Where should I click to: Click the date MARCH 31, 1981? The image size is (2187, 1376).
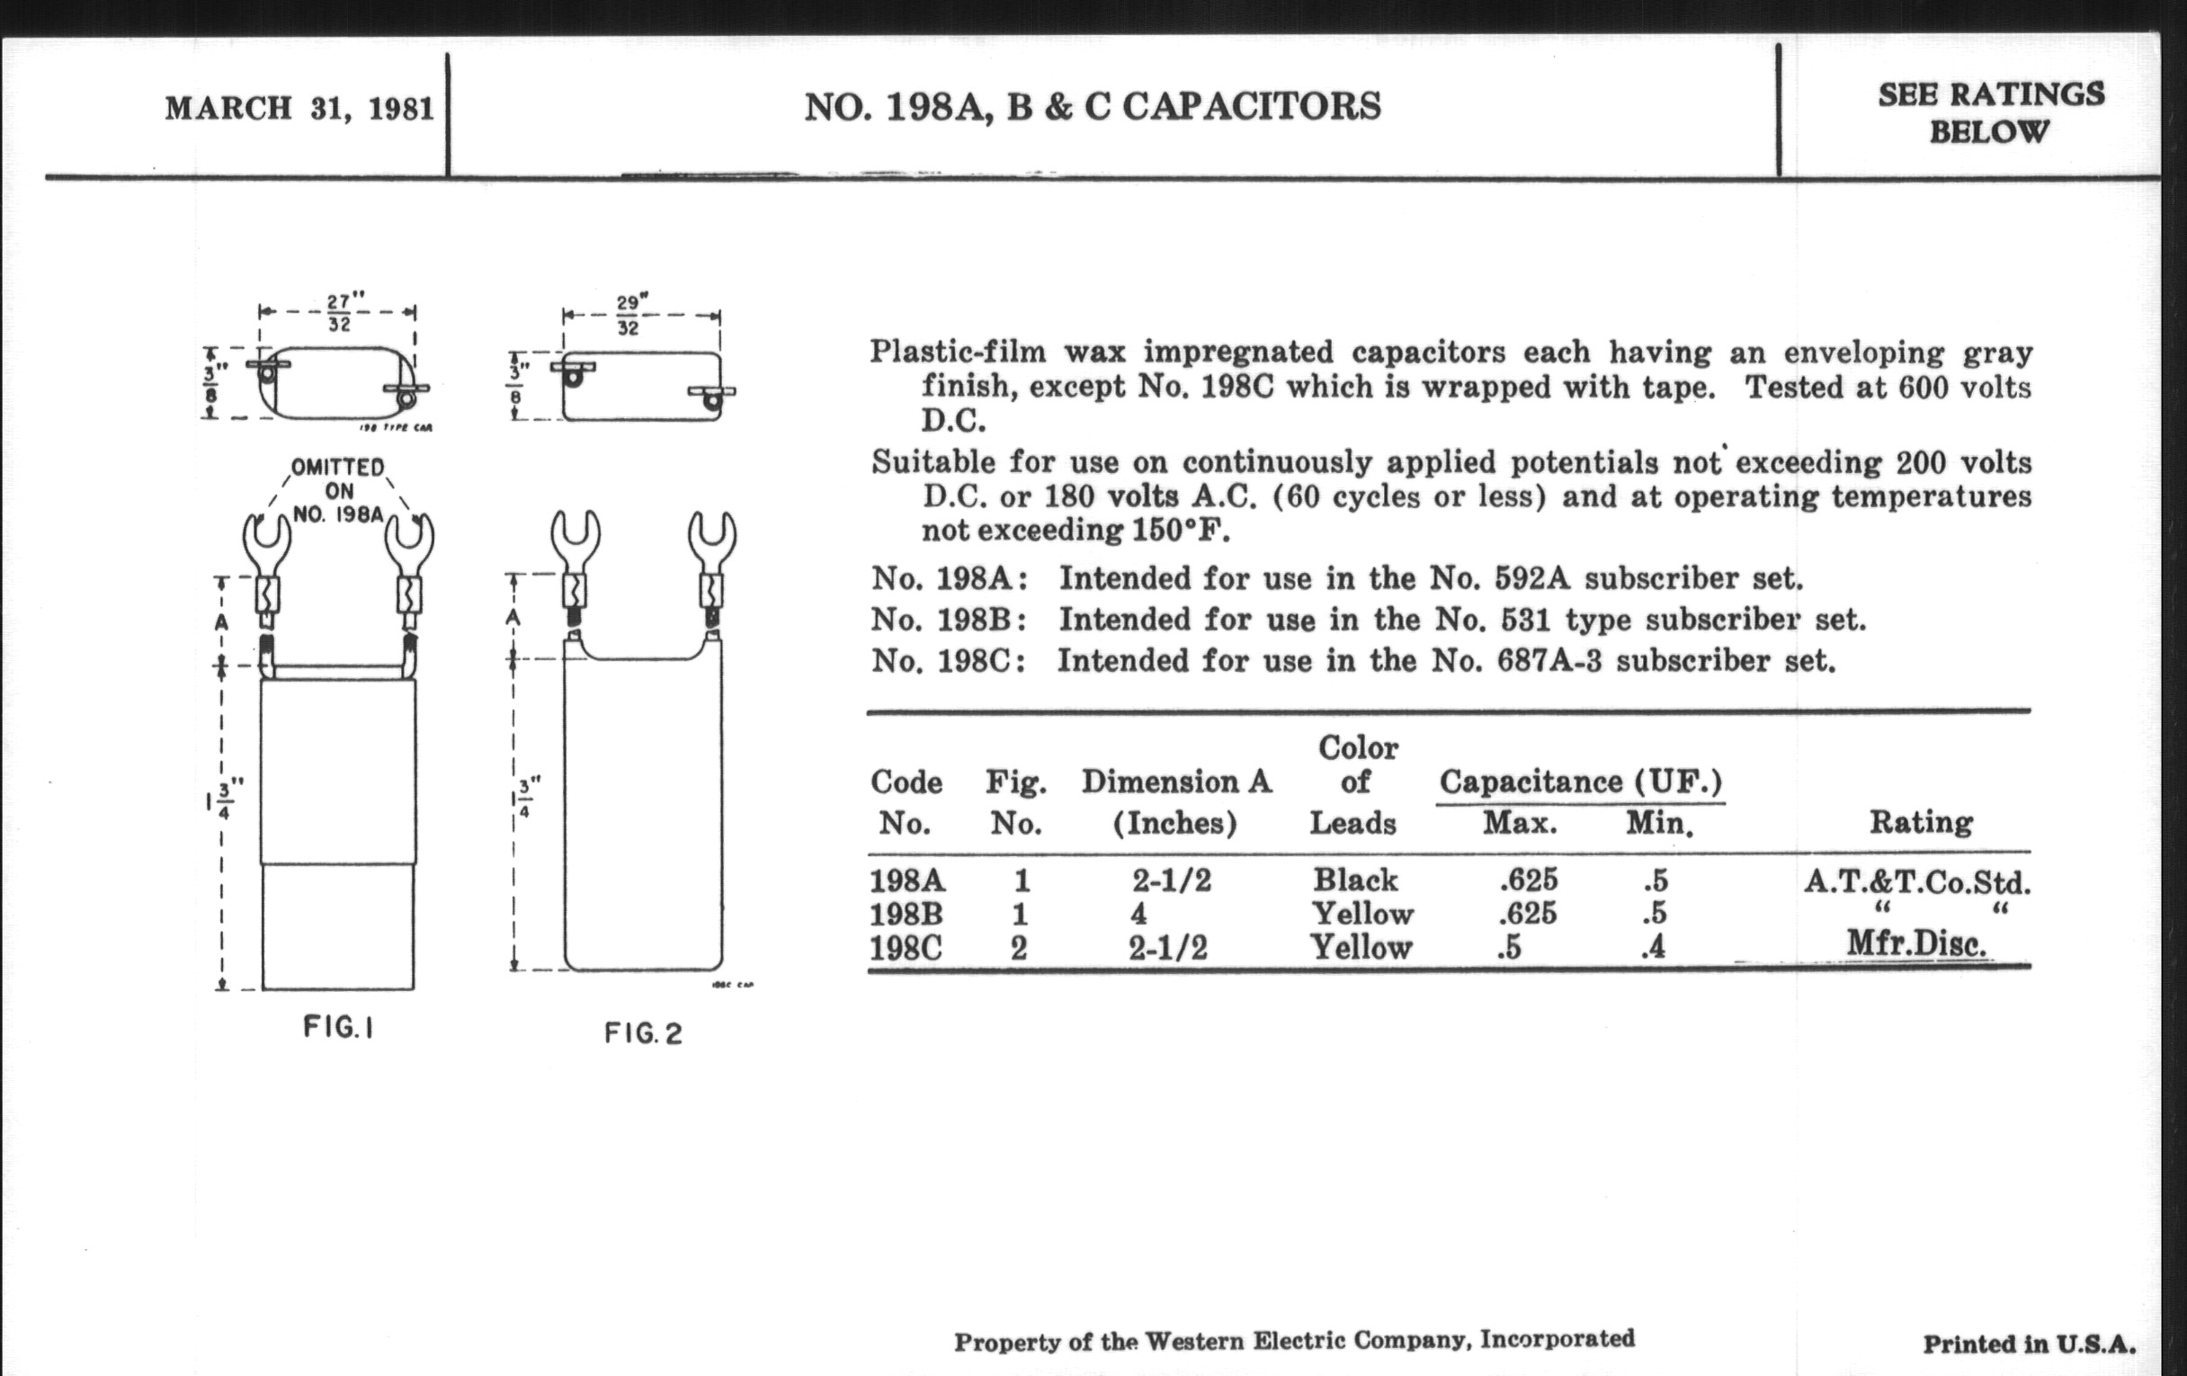point(299,108)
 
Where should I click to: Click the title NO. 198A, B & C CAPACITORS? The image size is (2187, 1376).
point(1093,107)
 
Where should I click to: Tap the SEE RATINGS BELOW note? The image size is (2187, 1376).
point(1991,112)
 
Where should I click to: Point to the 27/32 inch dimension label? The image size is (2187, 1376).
point(339,311)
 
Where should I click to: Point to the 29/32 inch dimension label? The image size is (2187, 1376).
point(628,315)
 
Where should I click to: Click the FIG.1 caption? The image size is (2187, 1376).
point(338,1027)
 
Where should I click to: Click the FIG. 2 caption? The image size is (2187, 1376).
point(643,1032)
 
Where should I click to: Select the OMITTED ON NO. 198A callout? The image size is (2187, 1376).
point(339,491)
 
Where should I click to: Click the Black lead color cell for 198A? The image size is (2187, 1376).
point(1355,880)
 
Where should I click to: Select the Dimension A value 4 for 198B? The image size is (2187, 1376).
point(1138,914)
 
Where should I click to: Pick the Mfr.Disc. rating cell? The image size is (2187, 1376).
point(1916,944)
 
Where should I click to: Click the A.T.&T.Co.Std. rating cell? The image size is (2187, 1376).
point(1916,881)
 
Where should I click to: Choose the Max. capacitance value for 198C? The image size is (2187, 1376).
point(1508,948)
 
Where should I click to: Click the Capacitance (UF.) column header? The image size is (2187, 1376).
point(1580,782)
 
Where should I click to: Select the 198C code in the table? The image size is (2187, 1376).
point(906,948)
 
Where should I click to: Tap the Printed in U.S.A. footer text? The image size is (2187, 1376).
point(2029,1345)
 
